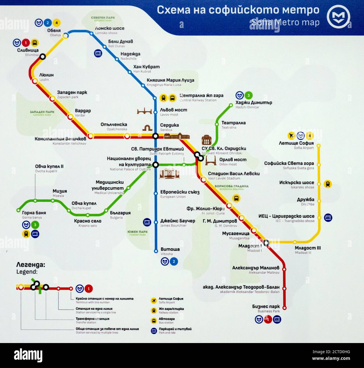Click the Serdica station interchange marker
[x=155, y=136]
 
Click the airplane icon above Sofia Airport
[x=291, y=136]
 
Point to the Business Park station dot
[x=284, y=308]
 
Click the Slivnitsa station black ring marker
[x=43, y=57]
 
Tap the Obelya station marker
[x=66, y=36]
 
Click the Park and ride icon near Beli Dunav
[x=98, y=53]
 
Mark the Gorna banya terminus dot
[x=18, y=210]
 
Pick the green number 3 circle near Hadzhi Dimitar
[x=248, y=95]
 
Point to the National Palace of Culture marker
[x=155, y=165]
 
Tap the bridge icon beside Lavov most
[x=144, y=111]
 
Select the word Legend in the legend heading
[x=27, y=272]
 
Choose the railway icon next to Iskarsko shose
[x=328, y=184]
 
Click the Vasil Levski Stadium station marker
[x=204, y=180]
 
